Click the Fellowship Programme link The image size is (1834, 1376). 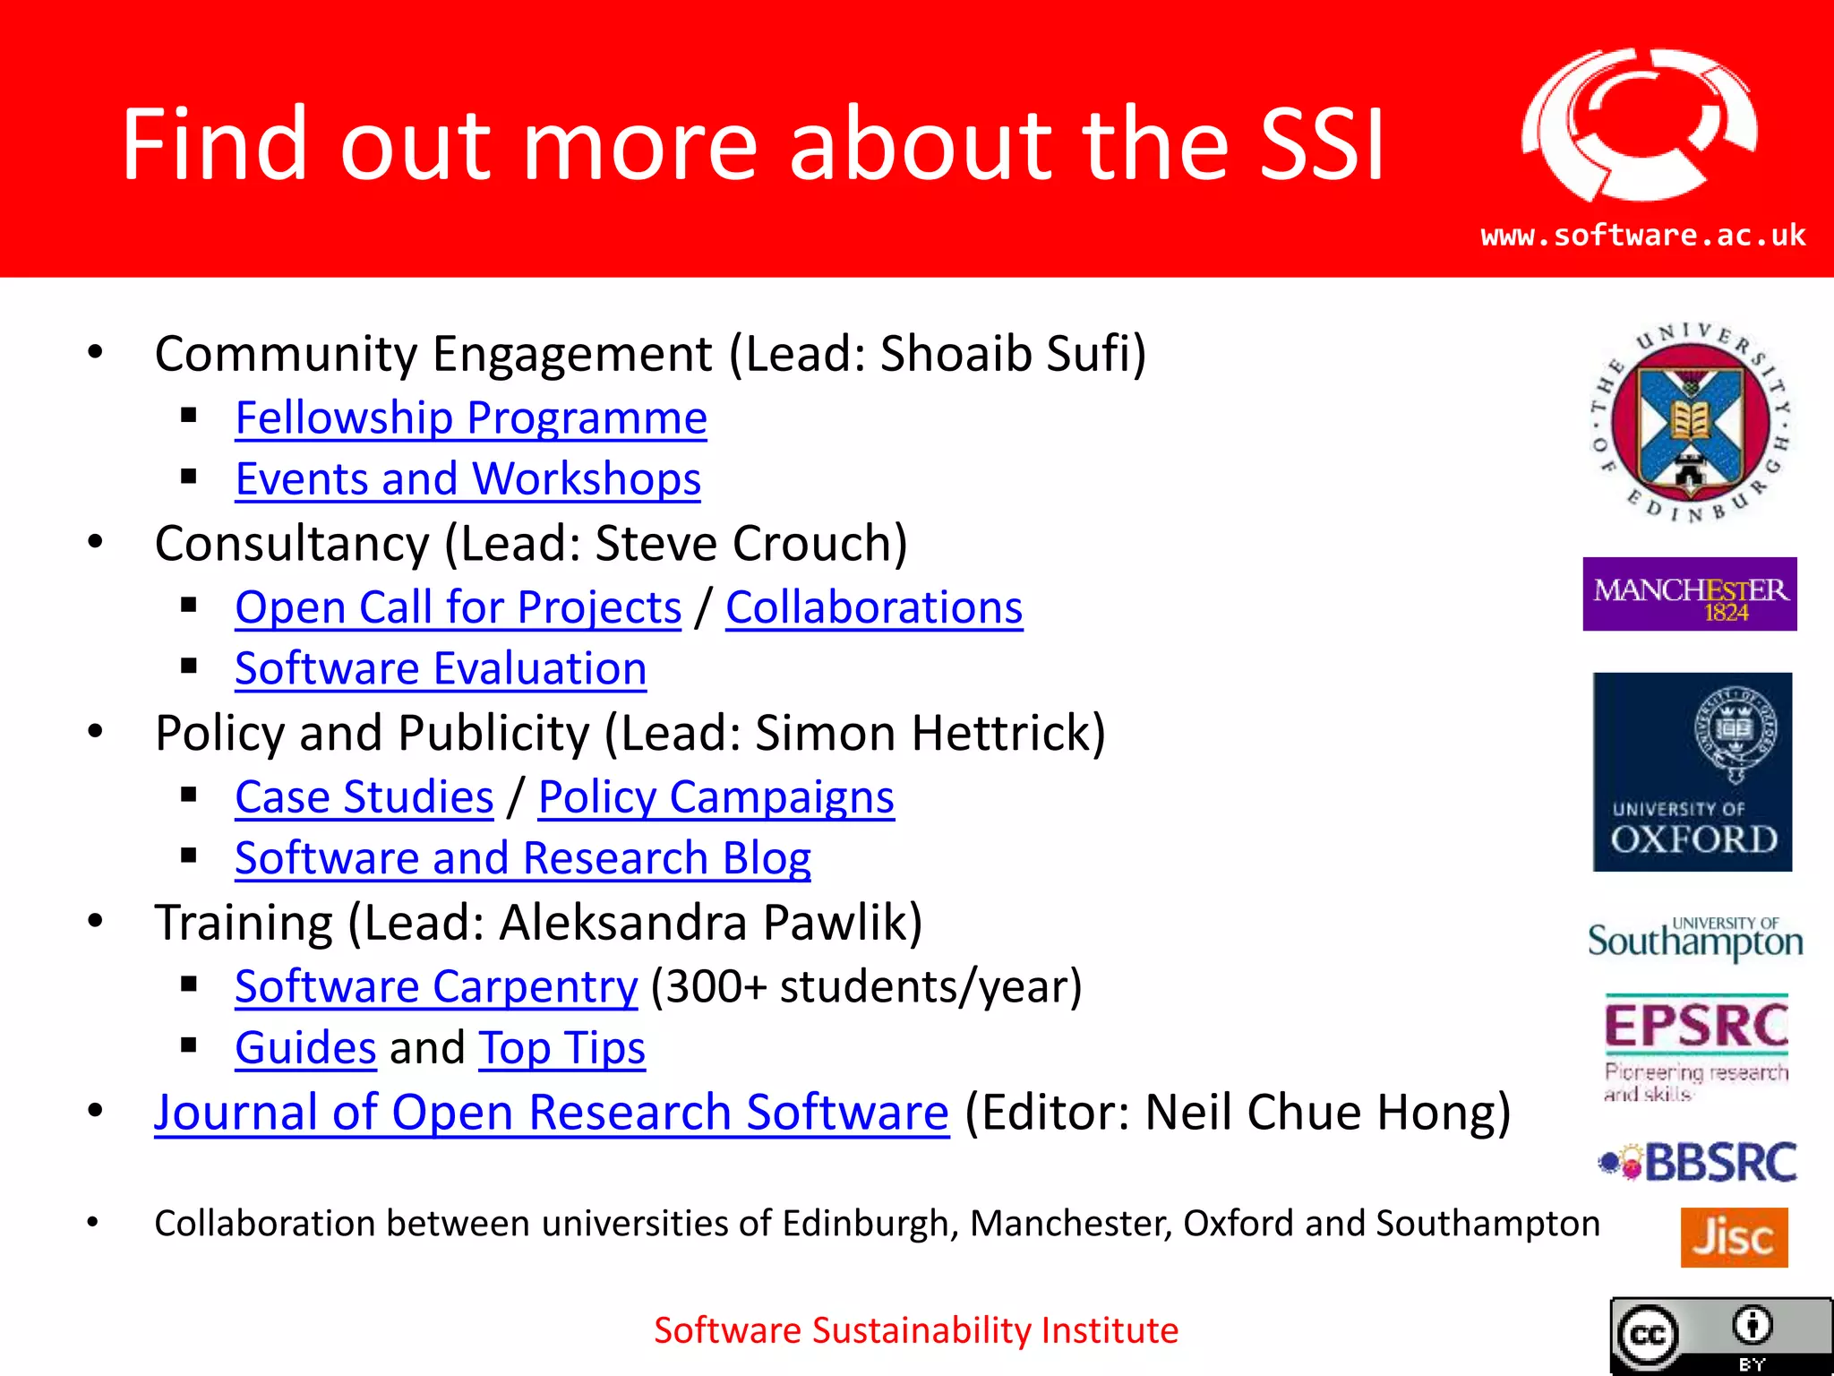click(x=471, y=418)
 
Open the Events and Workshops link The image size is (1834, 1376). click(x=467, y=479)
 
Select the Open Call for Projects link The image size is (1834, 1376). click(x=458, y=608)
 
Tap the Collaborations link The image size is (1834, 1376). click(x=874, y=608)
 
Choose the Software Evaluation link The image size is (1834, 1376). click(x=441, y=669)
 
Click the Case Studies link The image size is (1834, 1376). click(x=364, y=797)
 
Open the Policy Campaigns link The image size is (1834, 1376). click(x=716, y=797)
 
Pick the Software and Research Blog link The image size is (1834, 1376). click(x=523, y=858)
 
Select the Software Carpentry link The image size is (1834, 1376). click(x=436, y=987)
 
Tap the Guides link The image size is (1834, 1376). click(x=305, y=1048)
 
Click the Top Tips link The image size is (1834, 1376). click(x=561, y=1048)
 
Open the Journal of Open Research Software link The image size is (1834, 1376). click(x=551, y=1113)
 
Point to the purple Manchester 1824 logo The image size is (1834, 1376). click(x=1689, y=594)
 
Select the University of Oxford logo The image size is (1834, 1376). click(x=1692, y=771)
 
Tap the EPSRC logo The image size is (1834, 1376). click(x=1695, y=1046)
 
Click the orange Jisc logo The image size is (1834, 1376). click(x=1733, y=1237)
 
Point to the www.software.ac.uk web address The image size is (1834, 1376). click(x=1642, y=236)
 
